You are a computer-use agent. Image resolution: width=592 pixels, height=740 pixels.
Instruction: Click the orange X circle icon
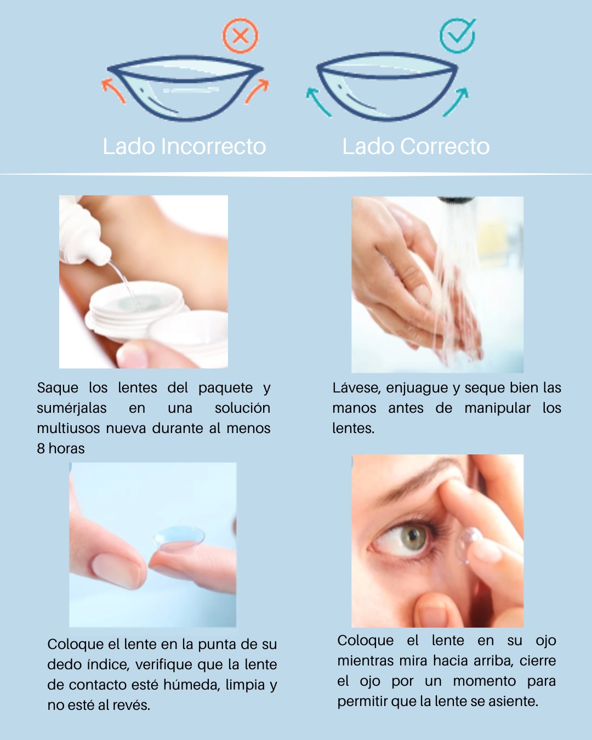pyautogui.click(x=240, y=36)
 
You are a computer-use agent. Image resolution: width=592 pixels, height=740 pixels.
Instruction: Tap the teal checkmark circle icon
pyautogui.click(x=458, y=36)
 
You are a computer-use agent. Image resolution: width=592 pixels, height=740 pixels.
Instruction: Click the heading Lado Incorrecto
pyautogui.click(x=184, y=146)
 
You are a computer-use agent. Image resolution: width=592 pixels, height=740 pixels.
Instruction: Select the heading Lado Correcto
pyautogui.click(x=416, y=146)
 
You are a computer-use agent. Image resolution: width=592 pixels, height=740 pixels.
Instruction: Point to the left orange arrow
pyautogui.click(x=113, y=90)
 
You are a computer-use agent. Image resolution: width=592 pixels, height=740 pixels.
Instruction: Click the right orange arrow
pyautogui.click(x=257, y=91)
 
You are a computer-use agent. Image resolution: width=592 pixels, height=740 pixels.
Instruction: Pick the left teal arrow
pyautogui.click(x=318, y=103)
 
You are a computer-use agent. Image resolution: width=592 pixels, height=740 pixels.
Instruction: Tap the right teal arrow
pyautogui.click(x=456, y=102)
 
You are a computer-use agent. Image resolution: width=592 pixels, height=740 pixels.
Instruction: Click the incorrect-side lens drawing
pyautogui.click(x=185, y=88)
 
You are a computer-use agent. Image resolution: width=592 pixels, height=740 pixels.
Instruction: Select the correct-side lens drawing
pyautogui.click(x=387, y=87)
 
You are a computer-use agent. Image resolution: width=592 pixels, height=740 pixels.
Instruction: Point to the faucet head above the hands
pyautogui.click(x=456, y=200)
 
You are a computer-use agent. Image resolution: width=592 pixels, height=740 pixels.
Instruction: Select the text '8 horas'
pyautogui.click(x=60, y=449)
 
